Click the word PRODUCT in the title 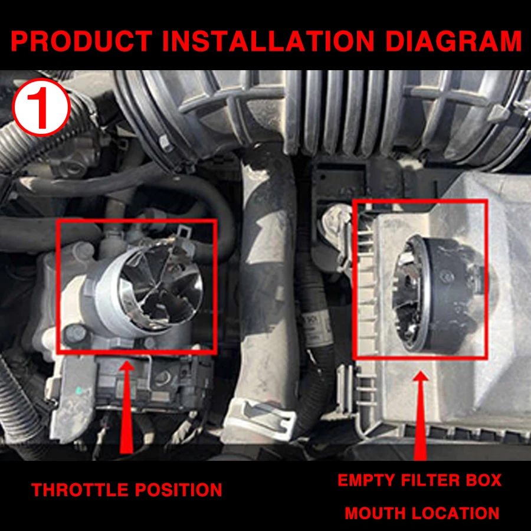click(x=81, y=41)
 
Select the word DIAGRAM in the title click(x=453, y=41)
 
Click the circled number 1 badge click(x=41, y=107)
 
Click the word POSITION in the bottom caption click(x=178, y=490)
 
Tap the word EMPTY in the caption click(x=366, y=480)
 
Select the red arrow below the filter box click(x=421, y=415)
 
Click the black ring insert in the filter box click(x=437, y=294)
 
